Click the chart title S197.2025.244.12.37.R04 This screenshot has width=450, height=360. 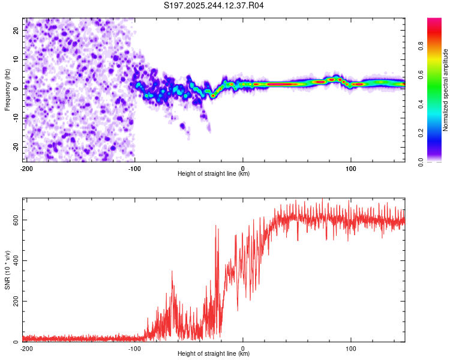coord(214,5)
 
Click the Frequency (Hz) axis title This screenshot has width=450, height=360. coord(8,90)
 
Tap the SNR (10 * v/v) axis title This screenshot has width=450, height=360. coord(8,270)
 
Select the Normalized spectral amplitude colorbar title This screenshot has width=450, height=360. coord(446,90)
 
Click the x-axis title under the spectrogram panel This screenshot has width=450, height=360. coord(214,174)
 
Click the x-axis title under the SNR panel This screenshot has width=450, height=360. coord(214,354)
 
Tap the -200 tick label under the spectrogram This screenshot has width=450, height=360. coord(26,168)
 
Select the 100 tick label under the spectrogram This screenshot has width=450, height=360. coord(351,168)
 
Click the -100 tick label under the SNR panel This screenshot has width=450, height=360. coord(134,348)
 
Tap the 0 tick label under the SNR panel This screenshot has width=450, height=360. coord(243,348)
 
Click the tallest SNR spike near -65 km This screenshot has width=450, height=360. coord(172,271)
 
